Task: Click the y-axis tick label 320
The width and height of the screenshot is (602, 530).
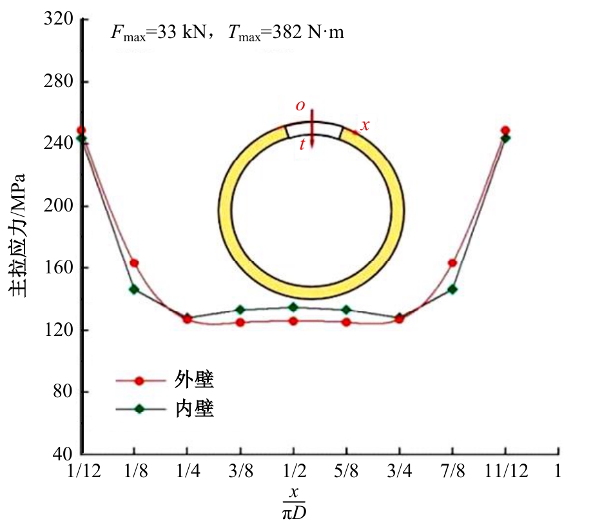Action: click(x=59, y=20)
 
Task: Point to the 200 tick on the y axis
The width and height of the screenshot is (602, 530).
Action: click(x=59, y=206)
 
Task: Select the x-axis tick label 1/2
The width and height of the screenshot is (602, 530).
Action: click(x=293, y=472)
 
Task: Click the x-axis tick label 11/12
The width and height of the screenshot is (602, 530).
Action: click(x=505, y=472)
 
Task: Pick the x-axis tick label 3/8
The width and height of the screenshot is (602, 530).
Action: click(x=240, y=472)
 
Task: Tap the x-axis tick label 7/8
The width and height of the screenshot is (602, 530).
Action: click(x=452, y=472)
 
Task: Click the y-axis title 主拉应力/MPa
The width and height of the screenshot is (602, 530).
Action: click(x=20, y=235)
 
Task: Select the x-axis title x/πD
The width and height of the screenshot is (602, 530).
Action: click(x=294, y=504)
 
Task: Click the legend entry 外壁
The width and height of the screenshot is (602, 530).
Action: click(x=193, y=380)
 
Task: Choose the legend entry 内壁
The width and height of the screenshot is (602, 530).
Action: click(x=193, y=409)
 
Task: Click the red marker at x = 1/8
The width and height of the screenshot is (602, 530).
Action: click(x=134, y=263)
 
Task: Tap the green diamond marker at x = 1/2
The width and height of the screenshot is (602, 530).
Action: click(x=293, y=307)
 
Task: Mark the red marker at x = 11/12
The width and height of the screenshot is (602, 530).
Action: click(x=505, y=130)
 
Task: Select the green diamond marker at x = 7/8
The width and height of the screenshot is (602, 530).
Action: click(x=452, y=290)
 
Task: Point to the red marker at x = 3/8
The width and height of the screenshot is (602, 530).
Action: click(x=240, y=322)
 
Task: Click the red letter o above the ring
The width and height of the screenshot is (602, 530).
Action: click(x=300, y=105)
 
